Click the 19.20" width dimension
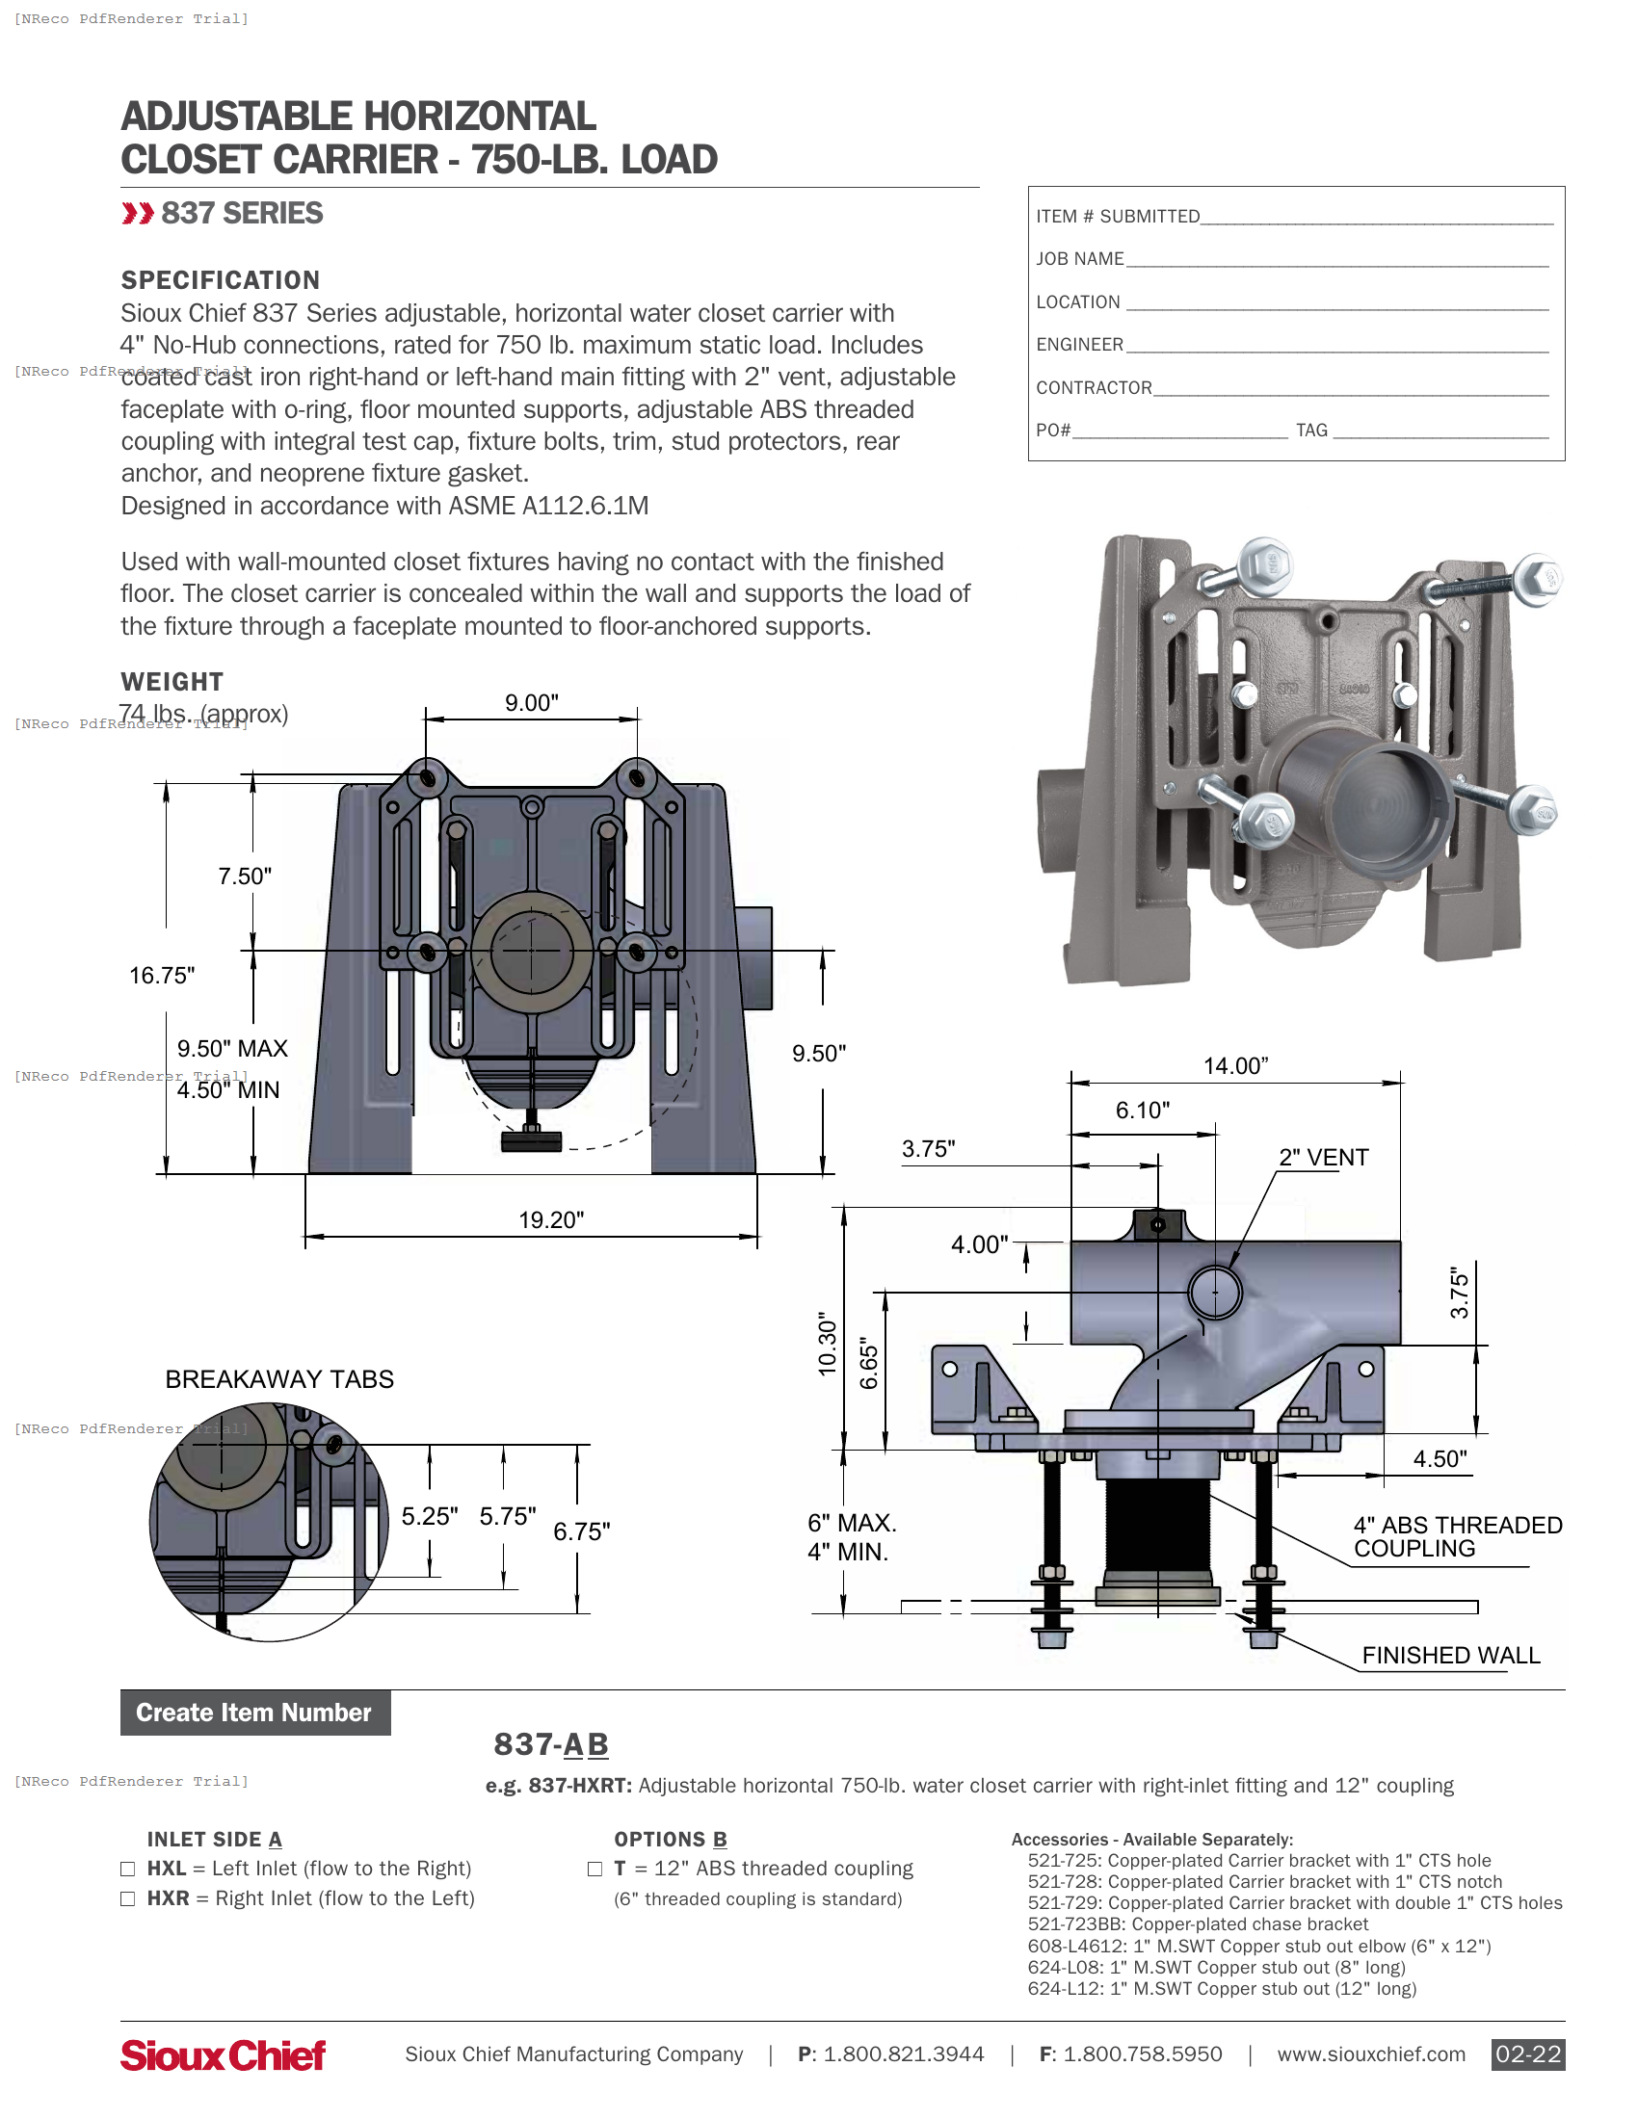(550, 1219)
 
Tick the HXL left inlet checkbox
(128, 1869)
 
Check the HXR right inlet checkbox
(128, 1898)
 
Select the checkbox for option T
(594, 1869)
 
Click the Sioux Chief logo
(224, 2054)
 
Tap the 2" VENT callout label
(1323, 1158)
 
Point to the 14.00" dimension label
(1235, 1066)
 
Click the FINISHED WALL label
(1451, 1655)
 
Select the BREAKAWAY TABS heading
(279, 1378)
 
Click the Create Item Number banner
(254, 1713)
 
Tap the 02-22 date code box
(1527, 2054)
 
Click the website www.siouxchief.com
(1370, 2054)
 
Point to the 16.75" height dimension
(162, 975)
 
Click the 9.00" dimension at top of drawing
(531, 702)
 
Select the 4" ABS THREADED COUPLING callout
(1457, 1537)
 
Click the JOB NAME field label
(1079, 259)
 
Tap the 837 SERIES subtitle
(242, 214)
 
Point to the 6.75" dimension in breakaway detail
(581, 1531)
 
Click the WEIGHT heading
(172, 682)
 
